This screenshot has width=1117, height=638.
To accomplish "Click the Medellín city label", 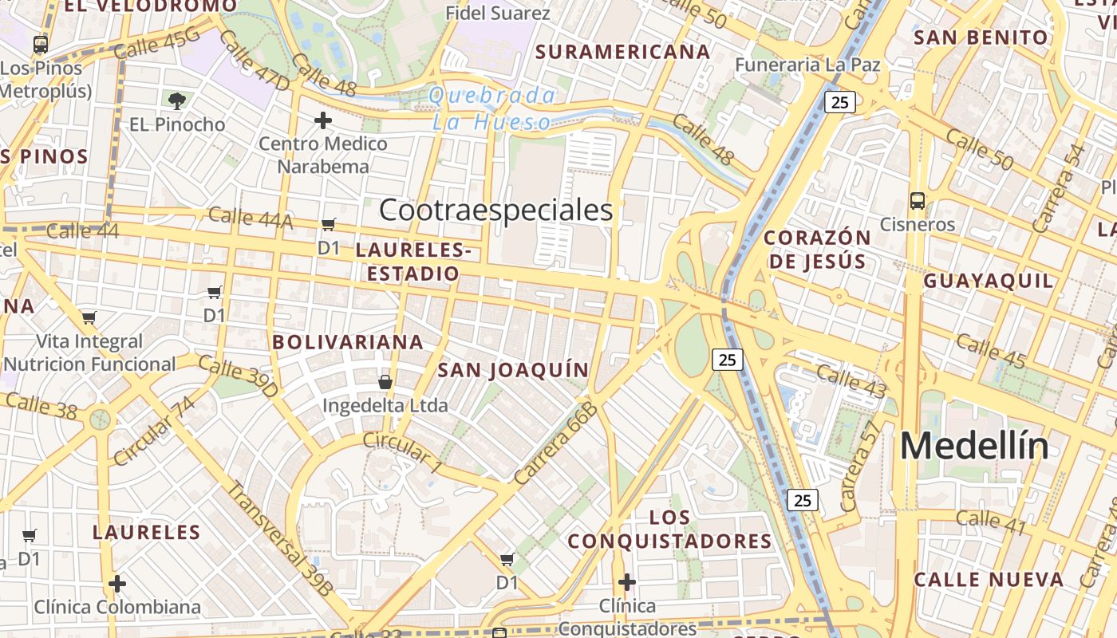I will point(974,446).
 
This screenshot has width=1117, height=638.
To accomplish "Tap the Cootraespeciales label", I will point(495,210).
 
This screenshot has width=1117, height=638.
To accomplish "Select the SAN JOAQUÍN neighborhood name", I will point(513,370).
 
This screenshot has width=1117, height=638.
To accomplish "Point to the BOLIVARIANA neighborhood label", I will point(348,342).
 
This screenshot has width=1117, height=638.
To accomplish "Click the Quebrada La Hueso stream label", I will point(493,108).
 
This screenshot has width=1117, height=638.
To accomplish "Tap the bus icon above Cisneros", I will point(918,200).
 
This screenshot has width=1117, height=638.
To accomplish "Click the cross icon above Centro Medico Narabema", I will point(323,120).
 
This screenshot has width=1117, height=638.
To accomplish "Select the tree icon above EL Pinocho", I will point(177,100).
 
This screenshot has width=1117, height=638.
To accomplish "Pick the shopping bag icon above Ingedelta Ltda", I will point(385,382).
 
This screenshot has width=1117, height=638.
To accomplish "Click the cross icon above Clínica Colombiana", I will point(117,584).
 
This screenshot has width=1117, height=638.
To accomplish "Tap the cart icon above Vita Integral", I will point(89,317).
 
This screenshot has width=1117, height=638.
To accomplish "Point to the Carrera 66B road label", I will point(556,443).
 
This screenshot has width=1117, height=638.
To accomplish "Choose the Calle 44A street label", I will point(250,218).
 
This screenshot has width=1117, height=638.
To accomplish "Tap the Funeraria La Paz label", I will point(807,65).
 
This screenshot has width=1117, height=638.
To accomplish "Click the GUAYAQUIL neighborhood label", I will point(989,281).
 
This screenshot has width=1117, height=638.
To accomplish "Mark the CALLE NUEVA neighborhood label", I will point(989,580).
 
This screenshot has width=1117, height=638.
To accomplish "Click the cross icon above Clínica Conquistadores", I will point(627,582).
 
